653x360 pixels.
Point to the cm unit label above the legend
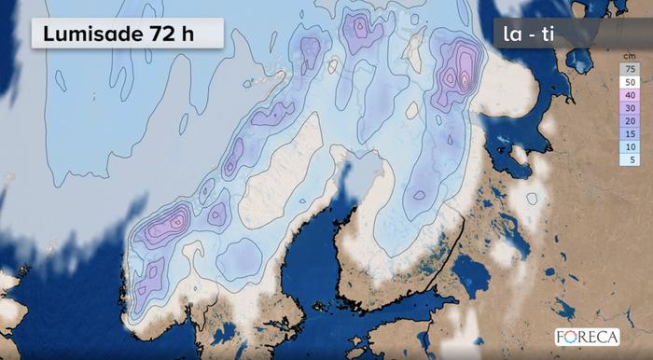(x=630, y=57)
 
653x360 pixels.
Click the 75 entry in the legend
(x=630, y=69)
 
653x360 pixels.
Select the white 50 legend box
(x=630, y=82)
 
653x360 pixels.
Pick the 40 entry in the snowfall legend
(x=630, y=95)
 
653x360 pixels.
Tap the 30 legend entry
(x=630, y=108)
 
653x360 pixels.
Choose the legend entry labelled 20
(x=630, y=121)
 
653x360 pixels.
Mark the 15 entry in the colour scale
(x=630, y=134)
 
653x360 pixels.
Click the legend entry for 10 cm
(x=630, y=147)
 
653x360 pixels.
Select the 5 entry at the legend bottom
(x=630, y=160)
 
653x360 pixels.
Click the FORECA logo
(x=588, y=337)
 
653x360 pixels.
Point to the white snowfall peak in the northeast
(x=464, y=79)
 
